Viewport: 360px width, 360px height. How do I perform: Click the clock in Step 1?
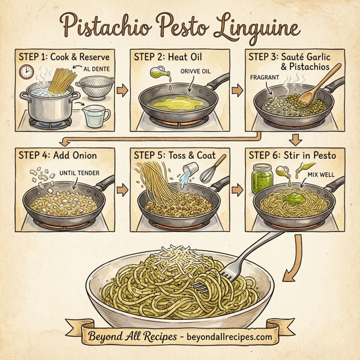coord(26,73)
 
